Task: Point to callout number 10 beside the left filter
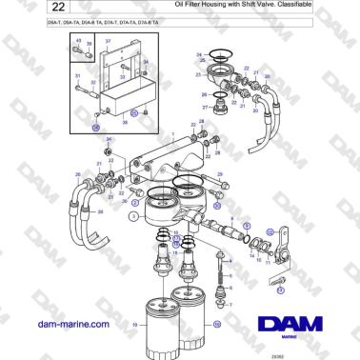pos(135,325)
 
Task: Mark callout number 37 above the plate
pos(108,42)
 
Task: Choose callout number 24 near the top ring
pos(198,54)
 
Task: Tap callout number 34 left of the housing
pos(109,140)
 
